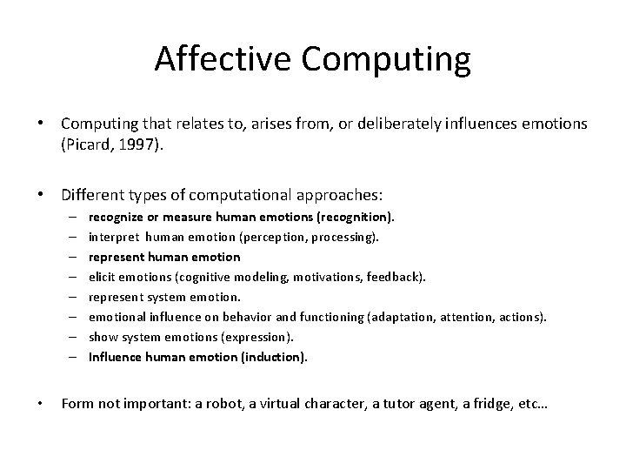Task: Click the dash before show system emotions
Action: pyautogui.click(x=69, y=336)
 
